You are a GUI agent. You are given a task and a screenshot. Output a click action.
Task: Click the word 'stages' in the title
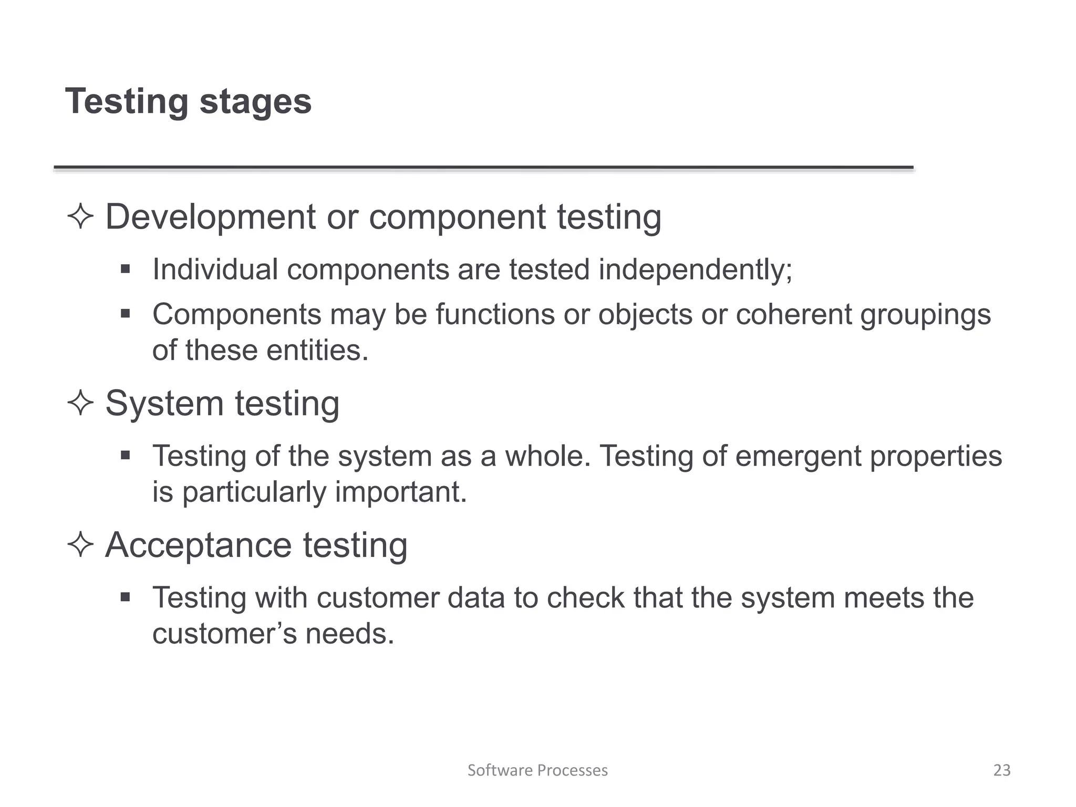(255, 102)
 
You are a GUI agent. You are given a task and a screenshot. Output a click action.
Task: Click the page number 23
(1002, 770)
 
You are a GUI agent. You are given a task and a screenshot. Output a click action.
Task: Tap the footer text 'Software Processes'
(537, 770)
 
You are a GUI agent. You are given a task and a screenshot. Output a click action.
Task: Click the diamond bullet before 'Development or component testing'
(80, 216)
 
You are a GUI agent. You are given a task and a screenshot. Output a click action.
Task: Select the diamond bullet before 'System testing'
(80, 403)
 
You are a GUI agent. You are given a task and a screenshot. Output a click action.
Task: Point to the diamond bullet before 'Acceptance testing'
(80, 545)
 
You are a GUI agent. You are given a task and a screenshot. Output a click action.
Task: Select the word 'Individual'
(215, 270)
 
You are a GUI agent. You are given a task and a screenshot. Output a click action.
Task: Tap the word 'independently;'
(695, 270)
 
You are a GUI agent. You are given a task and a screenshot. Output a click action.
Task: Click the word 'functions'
(495, 314)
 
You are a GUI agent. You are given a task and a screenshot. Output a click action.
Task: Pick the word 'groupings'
(925, 315)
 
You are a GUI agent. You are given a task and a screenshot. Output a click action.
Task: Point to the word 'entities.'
(317, 350)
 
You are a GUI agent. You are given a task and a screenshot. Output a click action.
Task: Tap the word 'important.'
(401, 492)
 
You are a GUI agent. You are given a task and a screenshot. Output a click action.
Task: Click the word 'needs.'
(350, 634)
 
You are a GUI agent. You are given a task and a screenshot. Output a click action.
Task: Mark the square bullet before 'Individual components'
(125, 270)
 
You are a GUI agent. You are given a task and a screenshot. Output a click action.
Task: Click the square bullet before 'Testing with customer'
(125, 597)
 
